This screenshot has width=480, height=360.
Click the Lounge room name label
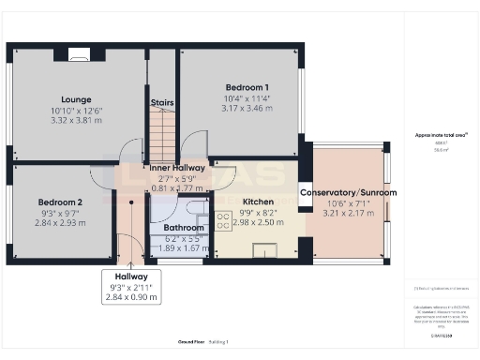pos(75,99)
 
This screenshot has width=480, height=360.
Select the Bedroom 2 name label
pos(61,202)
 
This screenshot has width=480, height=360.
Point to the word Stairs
pos(162,103)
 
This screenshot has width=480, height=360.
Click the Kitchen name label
pos(258,202)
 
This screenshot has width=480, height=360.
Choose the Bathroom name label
pos(184,228)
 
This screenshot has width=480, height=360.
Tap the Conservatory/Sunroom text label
pos(348,192)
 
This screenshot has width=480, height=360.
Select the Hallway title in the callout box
pos(131,277)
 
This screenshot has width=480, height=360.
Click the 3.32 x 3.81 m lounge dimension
pos(75,121)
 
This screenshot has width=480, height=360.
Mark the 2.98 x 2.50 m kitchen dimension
pos(258,223)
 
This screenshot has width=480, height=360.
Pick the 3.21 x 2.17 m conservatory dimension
pos(348,214)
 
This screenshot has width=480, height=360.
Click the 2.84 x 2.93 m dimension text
pos(61,224)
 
